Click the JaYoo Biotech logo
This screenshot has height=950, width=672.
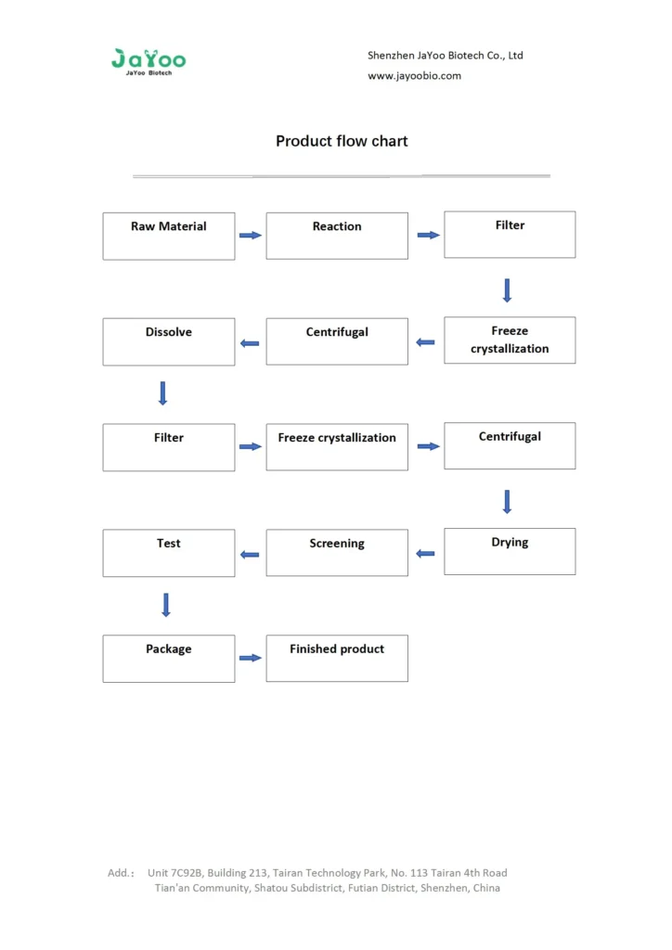(x=149, y=61)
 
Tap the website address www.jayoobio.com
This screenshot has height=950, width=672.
(x=414, y=76)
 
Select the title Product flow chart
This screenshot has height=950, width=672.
(x=342, y=142)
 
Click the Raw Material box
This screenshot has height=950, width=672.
(x=168, y=236)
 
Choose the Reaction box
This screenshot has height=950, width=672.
(x=337, y=236)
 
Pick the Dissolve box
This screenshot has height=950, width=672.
(x=168, y=341)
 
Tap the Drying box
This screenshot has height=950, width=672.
(x=510, y=551)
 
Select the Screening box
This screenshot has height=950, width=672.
(x=337, y=552)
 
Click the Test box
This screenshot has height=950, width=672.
(x=168, y=552)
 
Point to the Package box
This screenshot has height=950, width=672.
(x=168, y=658)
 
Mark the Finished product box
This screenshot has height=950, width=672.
(x=337, y=658)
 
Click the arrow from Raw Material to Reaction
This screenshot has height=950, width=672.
(x=251, y=236)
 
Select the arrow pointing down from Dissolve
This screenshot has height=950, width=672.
(x=163, y=393)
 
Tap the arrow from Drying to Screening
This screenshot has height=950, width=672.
(x=425, y=554)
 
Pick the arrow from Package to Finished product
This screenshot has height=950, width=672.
(x=251, y=658)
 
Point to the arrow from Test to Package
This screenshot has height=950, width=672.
(x=166, y=605)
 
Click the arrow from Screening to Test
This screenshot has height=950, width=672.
(x=250, y=555)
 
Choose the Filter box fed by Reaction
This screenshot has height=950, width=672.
(x=510, y=235)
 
